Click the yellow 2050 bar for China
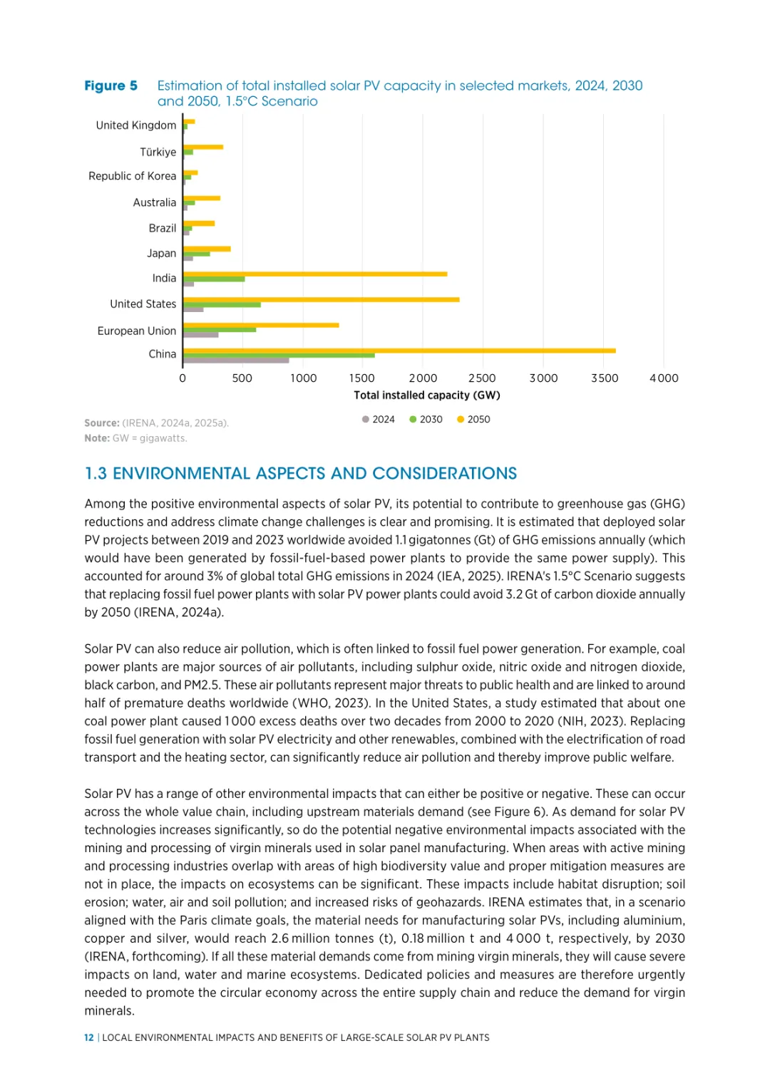coord(399,351)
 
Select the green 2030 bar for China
coord(279,355)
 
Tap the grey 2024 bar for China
coord(236,361)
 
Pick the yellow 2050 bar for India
coord(315,274)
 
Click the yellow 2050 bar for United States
coord(321,299)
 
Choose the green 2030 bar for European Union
coord(220,329)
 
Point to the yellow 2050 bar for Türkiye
coord(203,147)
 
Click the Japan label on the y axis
coord(161,254)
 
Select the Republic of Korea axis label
coord(132,176)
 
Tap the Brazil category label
coord(162,228)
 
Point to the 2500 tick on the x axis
coord(482,378)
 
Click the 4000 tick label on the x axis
coord(664,378)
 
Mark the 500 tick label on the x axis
coord(242,378)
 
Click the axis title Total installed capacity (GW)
coord(426,395)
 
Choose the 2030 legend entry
coord(426,420)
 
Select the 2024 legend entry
coord(379,420)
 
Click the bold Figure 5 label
coord(111,86)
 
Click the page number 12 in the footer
coord(89,1037)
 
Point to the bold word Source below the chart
coord(101,423)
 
